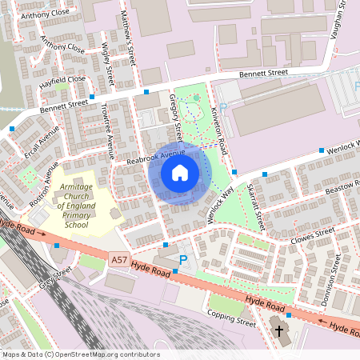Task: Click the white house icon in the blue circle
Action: (179, 173)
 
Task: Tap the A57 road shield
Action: (119, 259)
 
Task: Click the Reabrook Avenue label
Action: (156, 157)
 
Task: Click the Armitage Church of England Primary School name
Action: (77, 206)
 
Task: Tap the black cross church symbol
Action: (279, 330)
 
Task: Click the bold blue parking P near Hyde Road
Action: (183, 260)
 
